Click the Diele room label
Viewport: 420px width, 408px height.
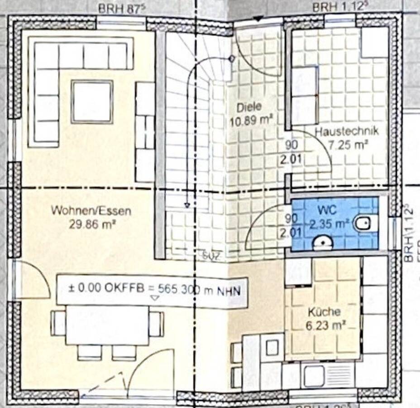pos(249,107)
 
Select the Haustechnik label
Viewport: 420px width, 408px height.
pos(347,132)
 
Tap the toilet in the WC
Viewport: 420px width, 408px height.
pos(366,223)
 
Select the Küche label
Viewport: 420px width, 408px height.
pos(324,312)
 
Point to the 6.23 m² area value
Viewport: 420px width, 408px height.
pos(324,325)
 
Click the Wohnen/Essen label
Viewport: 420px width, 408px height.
pos(91,211)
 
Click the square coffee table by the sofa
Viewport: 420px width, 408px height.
pos(92,102)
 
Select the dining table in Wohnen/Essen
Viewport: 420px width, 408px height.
pos(108,325)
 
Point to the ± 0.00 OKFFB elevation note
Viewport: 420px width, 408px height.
pos(152,289)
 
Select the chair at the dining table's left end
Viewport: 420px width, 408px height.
pos(58,323)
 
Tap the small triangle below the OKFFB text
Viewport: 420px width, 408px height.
pos(155,298)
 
